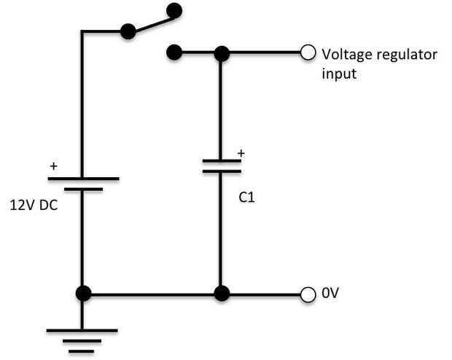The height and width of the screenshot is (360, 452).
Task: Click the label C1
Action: [247, 196]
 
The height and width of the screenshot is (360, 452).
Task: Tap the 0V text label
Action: [330, 294]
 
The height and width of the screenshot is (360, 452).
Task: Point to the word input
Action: [339, 74]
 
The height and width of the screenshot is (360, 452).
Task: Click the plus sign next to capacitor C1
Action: [242, 154]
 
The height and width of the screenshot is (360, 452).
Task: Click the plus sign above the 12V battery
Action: [52, 166]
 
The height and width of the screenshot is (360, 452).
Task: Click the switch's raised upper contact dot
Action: [174, 10]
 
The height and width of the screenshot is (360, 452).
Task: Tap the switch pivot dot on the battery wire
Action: [128, 31]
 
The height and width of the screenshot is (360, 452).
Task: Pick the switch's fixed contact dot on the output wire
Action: [174, 52]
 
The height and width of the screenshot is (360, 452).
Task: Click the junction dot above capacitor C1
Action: [222, 52]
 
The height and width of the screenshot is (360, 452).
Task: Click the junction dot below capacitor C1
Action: [222, 294]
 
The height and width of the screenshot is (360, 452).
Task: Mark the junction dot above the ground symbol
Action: [82, 294]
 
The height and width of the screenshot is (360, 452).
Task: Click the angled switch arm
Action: [151, 21]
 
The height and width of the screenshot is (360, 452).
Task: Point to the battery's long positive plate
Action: [82, 178]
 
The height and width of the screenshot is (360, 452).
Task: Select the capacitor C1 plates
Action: [222, 167]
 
